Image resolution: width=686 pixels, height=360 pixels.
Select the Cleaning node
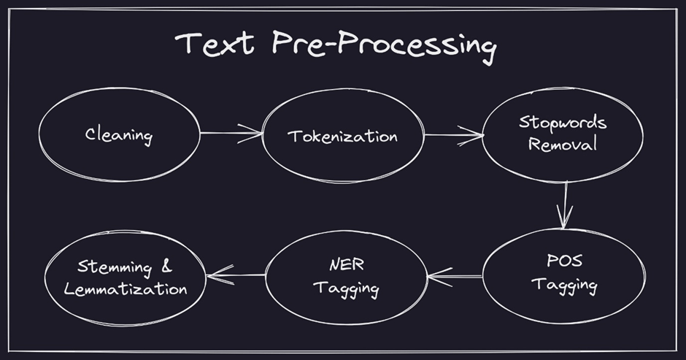coord(118,135)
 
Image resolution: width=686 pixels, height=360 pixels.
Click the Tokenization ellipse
coord(342,137)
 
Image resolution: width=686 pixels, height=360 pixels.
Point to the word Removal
coord(563,144)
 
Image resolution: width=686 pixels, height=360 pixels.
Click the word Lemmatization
coord(126,288)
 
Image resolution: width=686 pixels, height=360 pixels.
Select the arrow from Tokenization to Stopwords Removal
coord(453,135)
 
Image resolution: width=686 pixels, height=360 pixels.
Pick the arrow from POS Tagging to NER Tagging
coord(454,276)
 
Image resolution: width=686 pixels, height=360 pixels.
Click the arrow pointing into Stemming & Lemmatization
coord(236,275)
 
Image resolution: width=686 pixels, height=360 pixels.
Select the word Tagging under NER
coord(346,288)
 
